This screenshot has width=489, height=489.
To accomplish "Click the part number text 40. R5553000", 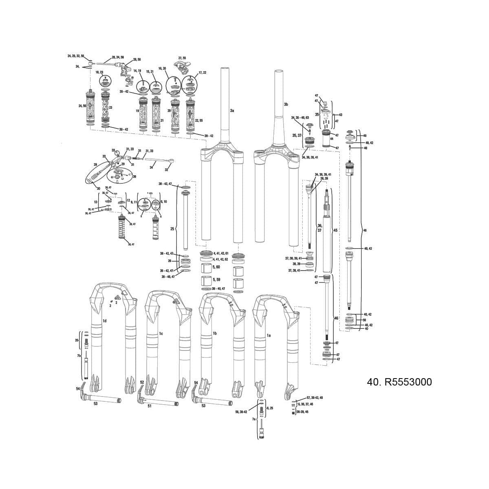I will pos(399,382).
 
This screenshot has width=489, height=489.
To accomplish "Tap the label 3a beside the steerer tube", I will pos(232,110).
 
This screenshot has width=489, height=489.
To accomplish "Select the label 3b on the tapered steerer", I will pos(286,105).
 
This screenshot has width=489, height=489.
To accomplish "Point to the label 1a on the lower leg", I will pos(269,335).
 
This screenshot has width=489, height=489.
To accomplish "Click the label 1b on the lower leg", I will pos(214,333).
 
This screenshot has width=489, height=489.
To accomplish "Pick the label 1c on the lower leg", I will pos(161,333).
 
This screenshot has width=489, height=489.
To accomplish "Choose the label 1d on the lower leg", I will pos(104,321).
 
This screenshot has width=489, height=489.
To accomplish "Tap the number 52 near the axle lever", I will pos(142,382).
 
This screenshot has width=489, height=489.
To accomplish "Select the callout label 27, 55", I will pos(182,58).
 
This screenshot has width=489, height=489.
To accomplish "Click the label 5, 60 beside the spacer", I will pos(216,267).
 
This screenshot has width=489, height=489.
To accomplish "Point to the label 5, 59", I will pos(216,280).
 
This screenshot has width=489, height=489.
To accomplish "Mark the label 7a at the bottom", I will pos(253,419).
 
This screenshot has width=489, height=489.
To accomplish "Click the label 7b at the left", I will pos(79,356).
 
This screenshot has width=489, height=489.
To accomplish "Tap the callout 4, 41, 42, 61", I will pos(220,253).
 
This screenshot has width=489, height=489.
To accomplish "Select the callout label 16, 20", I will pos(162,68).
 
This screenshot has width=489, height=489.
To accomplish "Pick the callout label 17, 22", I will pos(202,73).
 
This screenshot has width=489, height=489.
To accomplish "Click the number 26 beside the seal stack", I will pos(170,261).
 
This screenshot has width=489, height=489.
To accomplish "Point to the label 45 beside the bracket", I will pos(335,231).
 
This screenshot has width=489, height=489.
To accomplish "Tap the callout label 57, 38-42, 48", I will pos(315,397).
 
